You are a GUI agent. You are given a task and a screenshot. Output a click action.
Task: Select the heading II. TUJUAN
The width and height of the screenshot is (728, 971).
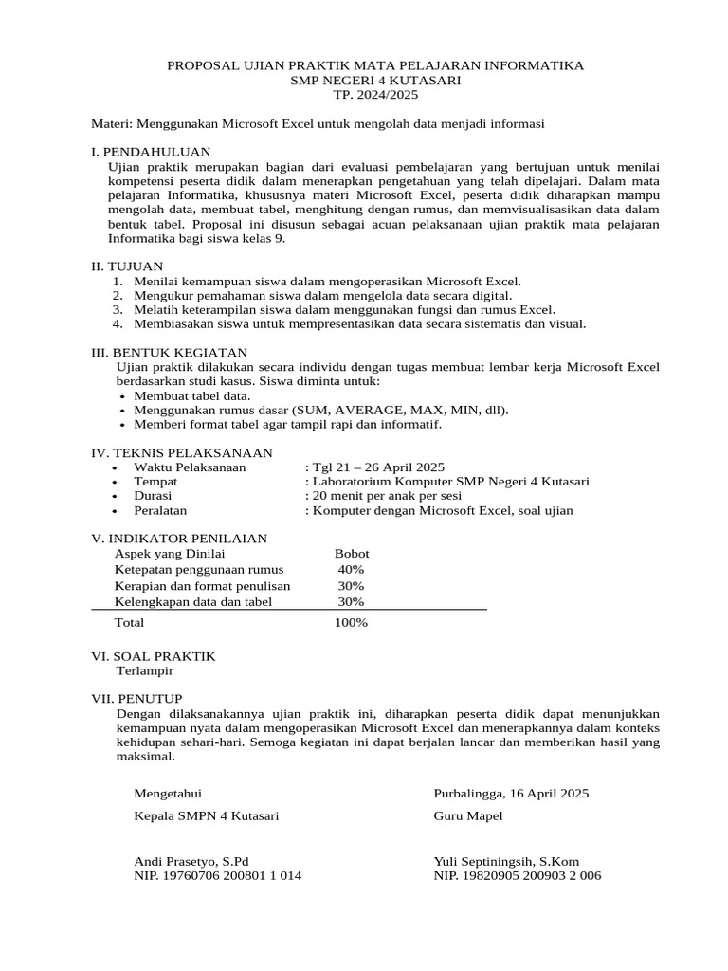click(x=127, y=266)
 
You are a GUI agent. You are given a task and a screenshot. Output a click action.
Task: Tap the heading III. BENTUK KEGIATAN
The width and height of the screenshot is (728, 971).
click(x=169, y=352)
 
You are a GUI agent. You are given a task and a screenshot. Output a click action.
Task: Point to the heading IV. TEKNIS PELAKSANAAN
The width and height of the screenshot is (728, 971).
click(x=181, y=452)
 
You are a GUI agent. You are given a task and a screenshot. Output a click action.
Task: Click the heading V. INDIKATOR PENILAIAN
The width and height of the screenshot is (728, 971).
click(x=179, y=538)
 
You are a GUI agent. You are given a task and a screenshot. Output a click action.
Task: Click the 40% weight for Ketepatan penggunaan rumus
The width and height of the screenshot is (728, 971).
click(x=351, y=569)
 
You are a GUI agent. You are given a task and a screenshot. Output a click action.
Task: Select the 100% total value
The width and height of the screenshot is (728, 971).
click(x=351, y=623)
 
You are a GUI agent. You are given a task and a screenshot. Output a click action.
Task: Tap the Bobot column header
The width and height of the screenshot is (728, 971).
click(x=352, y=553)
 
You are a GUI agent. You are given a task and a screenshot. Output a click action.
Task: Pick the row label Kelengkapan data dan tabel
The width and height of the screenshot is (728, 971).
click(x=193, y=601)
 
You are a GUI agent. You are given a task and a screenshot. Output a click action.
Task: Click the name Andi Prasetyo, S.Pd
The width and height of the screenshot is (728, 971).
click(x=191, y=861)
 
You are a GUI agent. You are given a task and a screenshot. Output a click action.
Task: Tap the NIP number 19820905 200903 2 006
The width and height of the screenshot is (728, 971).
click(x=518, y=876)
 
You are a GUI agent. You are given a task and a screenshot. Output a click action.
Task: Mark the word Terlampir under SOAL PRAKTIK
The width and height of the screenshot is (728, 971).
click(x=144, y=670)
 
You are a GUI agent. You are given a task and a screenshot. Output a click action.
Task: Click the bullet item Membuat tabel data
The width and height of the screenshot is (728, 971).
click(x=192, y=395)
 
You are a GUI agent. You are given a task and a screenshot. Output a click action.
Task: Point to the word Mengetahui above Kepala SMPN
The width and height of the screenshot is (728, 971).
click(x=168, y=793)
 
